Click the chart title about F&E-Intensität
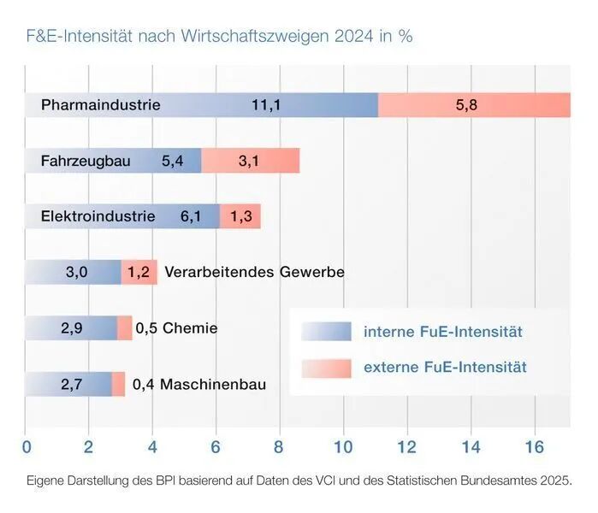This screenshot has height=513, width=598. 220,38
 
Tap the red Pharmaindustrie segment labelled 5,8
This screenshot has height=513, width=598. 473,105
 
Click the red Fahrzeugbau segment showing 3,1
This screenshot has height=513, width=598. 250,161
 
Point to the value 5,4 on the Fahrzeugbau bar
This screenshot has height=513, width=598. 172,161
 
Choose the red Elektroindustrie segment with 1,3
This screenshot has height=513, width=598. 240,216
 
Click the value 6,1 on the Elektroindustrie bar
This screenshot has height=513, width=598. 191,216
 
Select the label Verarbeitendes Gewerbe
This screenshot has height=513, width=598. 254,272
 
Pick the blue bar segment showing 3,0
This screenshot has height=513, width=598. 76,272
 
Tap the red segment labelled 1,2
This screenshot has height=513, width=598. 139,272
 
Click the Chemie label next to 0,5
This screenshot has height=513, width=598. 190,328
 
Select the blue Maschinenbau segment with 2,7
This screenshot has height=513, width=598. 70,384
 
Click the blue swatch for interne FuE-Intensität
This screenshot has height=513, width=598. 326,331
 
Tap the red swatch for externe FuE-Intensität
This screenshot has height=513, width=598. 326,368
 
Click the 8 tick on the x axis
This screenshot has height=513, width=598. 279,446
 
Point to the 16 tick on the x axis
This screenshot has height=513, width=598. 534,446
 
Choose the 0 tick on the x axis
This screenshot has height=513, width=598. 27,446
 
